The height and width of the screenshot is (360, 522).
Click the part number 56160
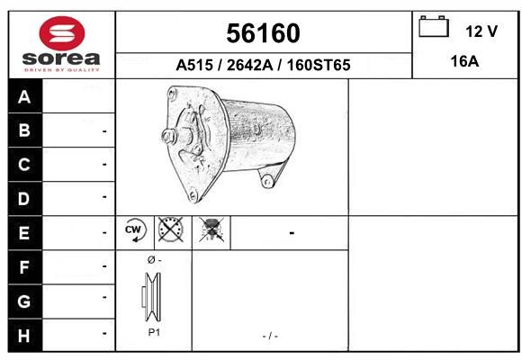click(263, 33)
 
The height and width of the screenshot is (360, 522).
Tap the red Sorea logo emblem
click(62, 33)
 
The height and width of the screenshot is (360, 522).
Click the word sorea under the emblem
click(61, 58)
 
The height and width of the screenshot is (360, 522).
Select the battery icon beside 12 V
click(434, 26)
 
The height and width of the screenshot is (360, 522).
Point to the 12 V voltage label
click(481, 31)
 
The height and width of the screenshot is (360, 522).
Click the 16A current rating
click(464, 61)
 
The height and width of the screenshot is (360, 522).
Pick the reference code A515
click(194, 65)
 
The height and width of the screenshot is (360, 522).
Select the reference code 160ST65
click(319, 65)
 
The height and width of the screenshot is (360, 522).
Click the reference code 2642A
click(249, 65)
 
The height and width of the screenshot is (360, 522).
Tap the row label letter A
click(24, 97)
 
